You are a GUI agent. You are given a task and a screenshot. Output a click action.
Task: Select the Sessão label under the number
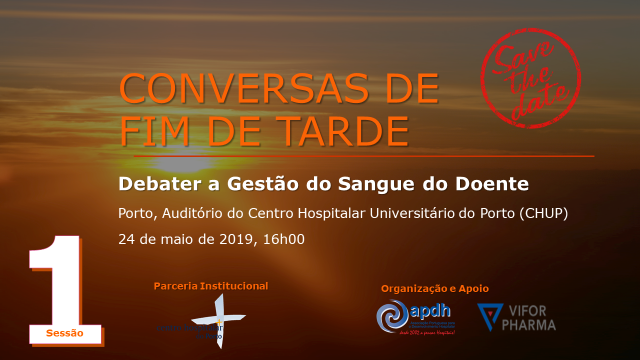[x=65, y=332]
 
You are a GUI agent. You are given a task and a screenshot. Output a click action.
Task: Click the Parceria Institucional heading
[x=211, y=286]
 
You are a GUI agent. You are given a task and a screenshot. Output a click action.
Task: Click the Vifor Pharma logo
[x=516, y=317]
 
